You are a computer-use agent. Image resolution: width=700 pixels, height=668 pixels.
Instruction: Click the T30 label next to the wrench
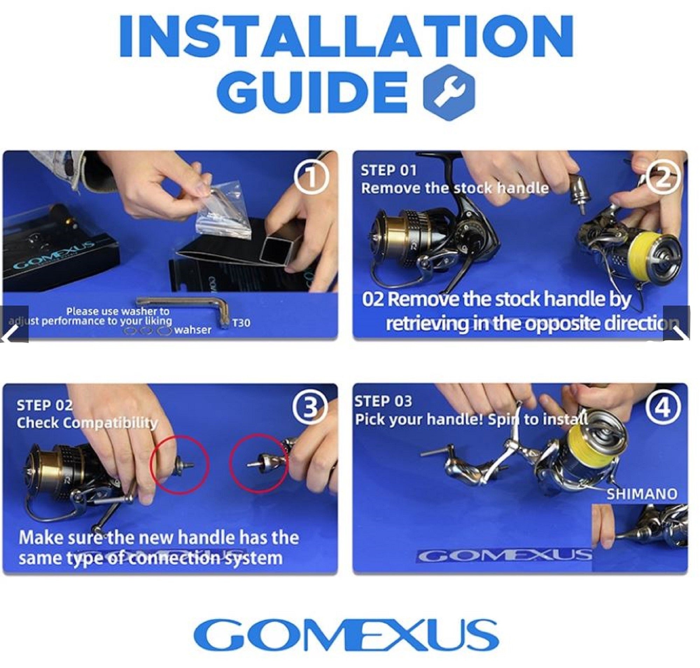pyautogui.click(x=241, y=323)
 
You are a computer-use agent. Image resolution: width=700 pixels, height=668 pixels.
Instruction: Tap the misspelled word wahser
pyautogui.click(x=192, y=330)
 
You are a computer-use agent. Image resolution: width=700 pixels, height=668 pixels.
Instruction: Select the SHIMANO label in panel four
pyautogui.click(x=641, y=494)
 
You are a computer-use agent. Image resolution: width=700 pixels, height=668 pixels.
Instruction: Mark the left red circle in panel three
pyautogui.click(x=180, y=464)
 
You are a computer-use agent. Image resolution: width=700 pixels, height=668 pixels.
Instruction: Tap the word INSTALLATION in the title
pyautogui.click(x=345, y=37)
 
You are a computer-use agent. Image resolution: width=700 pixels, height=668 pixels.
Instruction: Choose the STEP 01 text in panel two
pyautogui.click(x=388, y=171)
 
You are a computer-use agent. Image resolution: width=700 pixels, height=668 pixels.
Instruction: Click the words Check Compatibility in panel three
pyautogui.click(x=87, y=423)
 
